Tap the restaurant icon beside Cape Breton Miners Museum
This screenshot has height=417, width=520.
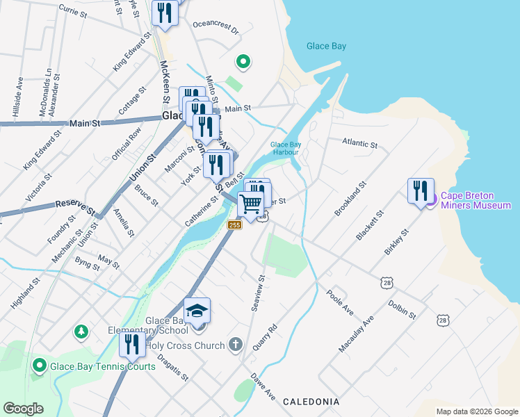pyautogui.click(x=421, y=191)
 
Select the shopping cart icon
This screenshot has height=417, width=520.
pyautogui.click(x=251, y=204)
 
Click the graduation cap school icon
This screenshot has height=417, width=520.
pyautogui.click(x=197, y=310)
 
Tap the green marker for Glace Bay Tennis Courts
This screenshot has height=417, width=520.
pyautogui.click(x=40, y=365)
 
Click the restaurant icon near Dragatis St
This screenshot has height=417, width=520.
pyautogui.click(x=131, y=344)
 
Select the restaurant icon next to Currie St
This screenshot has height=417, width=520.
pyautogui.click(x=165, y=13)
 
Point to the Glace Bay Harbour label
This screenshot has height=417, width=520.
pyautogui.click(x=285, y=149)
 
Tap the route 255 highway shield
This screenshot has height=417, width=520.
pyautogui.click(x=234, y=224)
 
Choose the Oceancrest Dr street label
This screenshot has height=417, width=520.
pyautogui.click(x=216, y=31)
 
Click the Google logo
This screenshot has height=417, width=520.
pyautogui.click(x=24, y=409)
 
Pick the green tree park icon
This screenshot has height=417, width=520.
pyautogui.click(x=81, y=332)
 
